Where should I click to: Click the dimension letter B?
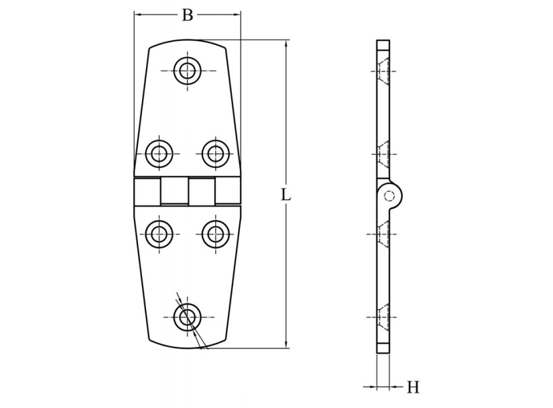[187, 15]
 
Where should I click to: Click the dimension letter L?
[286, 195]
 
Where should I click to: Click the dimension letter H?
[413, 386]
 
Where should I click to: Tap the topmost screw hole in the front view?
[187, 71]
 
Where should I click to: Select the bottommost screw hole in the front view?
[187, 317]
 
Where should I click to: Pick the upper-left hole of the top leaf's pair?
[158, 153]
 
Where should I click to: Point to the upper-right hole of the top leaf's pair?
[215, 153]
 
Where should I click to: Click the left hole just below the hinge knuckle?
[158, 234]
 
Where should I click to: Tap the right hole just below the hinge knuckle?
[215, 234]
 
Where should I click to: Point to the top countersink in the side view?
[382, 71]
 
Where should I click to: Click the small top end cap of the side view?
[383, 45]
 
